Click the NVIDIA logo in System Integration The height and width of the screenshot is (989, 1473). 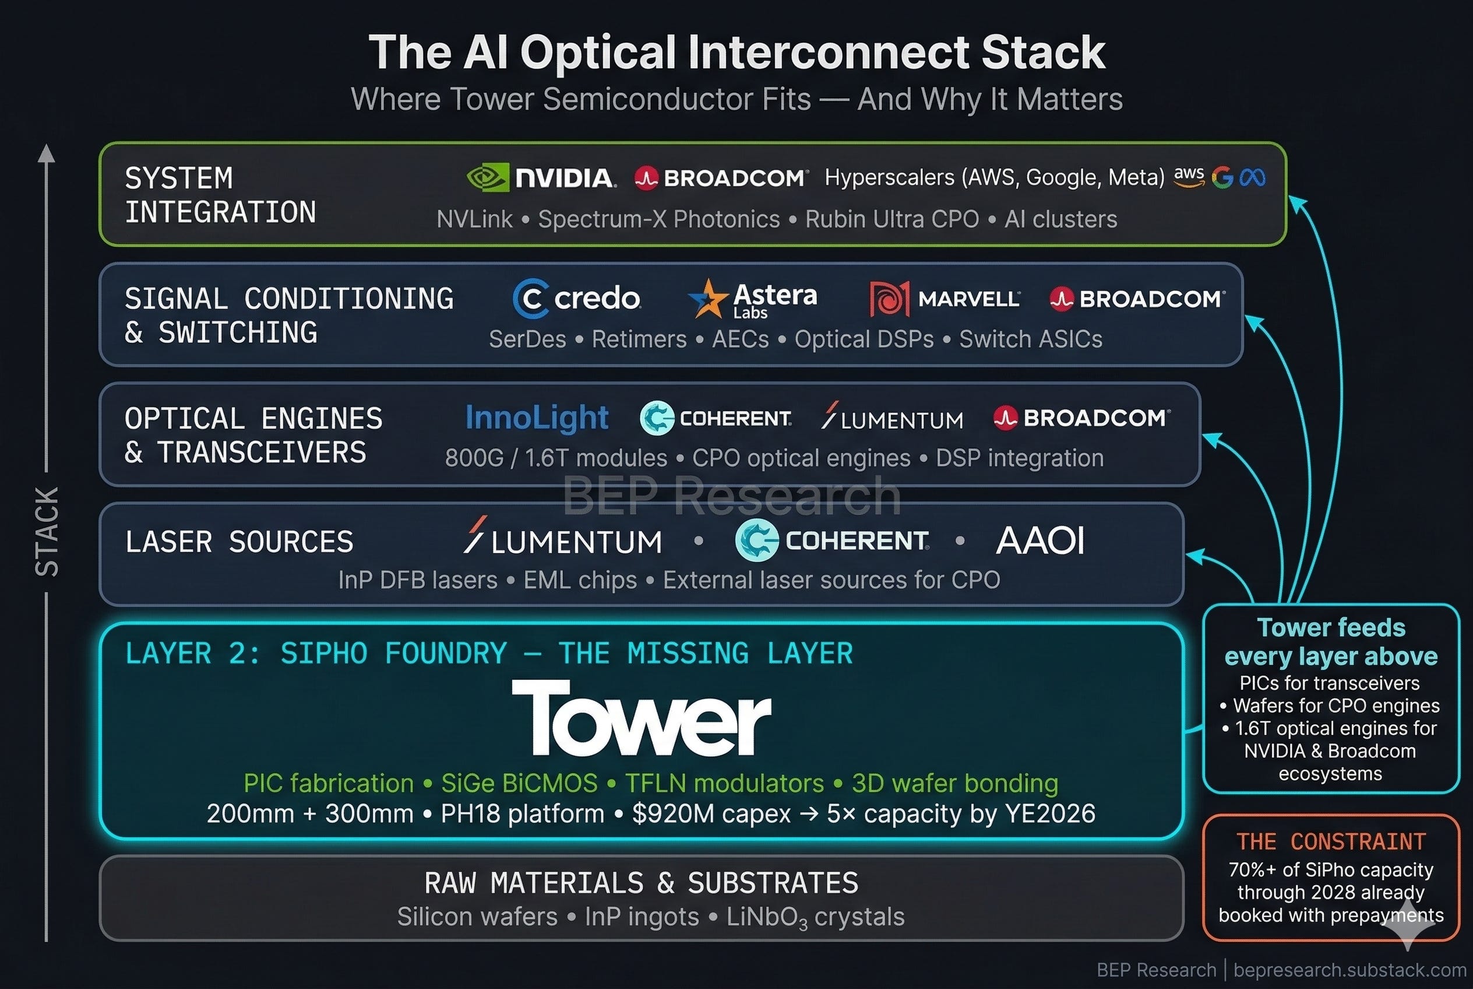click(x=541, y=178)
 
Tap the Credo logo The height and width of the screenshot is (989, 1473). click(x=577, y=299)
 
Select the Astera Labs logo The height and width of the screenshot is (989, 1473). click(x=753, y=299)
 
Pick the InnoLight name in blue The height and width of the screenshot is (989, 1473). click(x=537, y=418)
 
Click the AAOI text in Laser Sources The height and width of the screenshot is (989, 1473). click(x=1040, y=541)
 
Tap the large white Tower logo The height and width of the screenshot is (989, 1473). click(x=641, y=717)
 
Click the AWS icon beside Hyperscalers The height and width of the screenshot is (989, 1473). click(x=1189, y=177)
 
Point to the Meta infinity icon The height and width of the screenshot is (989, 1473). click(x=1252, y=178)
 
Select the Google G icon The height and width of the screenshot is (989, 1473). click(x=1222, y=178)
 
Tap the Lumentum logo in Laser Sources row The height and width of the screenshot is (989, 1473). click(x=563, y=538)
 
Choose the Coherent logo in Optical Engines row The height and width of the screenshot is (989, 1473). click(x=716, y=418)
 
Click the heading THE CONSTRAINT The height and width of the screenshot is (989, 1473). click(x=1331, y=841)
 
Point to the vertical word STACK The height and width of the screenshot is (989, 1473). click(x=47, y=532)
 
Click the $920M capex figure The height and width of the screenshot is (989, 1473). click(x=711, y=813)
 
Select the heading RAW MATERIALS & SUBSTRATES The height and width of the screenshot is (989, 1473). click(x=642, y=882)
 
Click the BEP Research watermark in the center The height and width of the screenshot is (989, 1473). click(x=732, y=496)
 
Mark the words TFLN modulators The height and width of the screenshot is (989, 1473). click(x=725, y=783)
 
